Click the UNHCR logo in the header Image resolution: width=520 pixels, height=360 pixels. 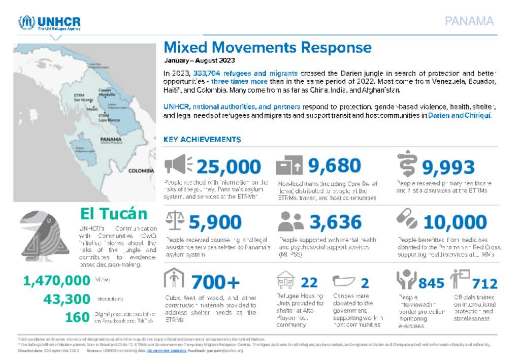point(49,23)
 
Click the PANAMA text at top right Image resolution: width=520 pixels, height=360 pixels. point(469,21)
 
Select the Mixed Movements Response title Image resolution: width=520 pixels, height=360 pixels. point(267,48)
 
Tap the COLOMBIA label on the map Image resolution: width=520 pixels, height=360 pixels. point(141,171)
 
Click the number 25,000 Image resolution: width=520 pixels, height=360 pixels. point(228,167)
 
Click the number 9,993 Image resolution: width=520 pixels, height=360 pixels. point(448,167)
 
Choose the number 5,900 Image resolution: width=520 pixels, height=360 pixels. point(215,222)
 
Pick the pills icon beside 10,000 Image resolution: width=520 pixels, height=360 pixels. point(407,219)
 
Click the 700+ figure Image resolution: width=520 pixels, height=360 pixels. point(215,282)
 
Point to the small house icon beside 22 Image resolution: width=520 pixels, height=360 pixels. point(285,280)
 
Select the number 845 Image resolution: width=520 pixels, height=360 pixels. point(431,283)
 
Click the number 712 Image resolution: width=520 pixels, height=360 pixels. point(484,283)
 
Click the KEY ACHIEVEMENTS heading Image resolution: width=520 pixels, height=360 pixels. point(202,140)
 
